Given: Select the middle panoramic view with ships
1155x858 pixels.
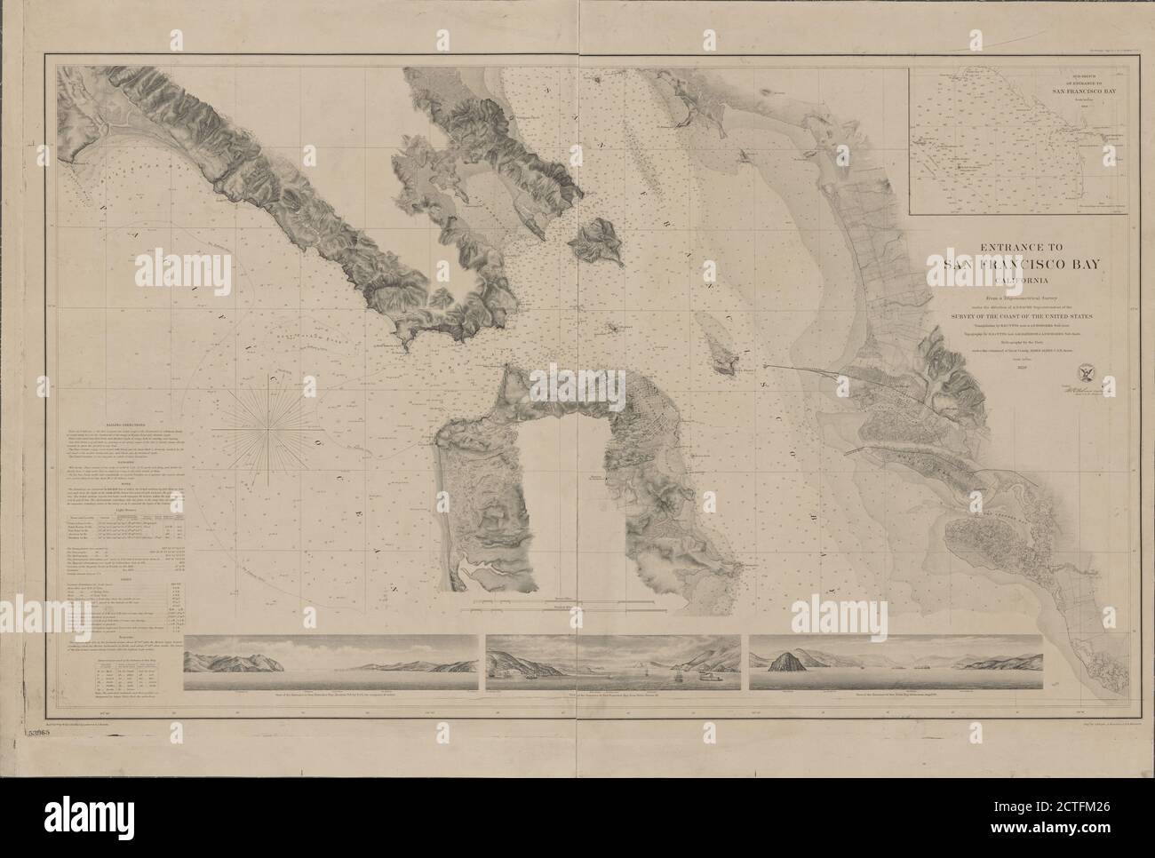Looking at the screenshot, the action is click(612, 665).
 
